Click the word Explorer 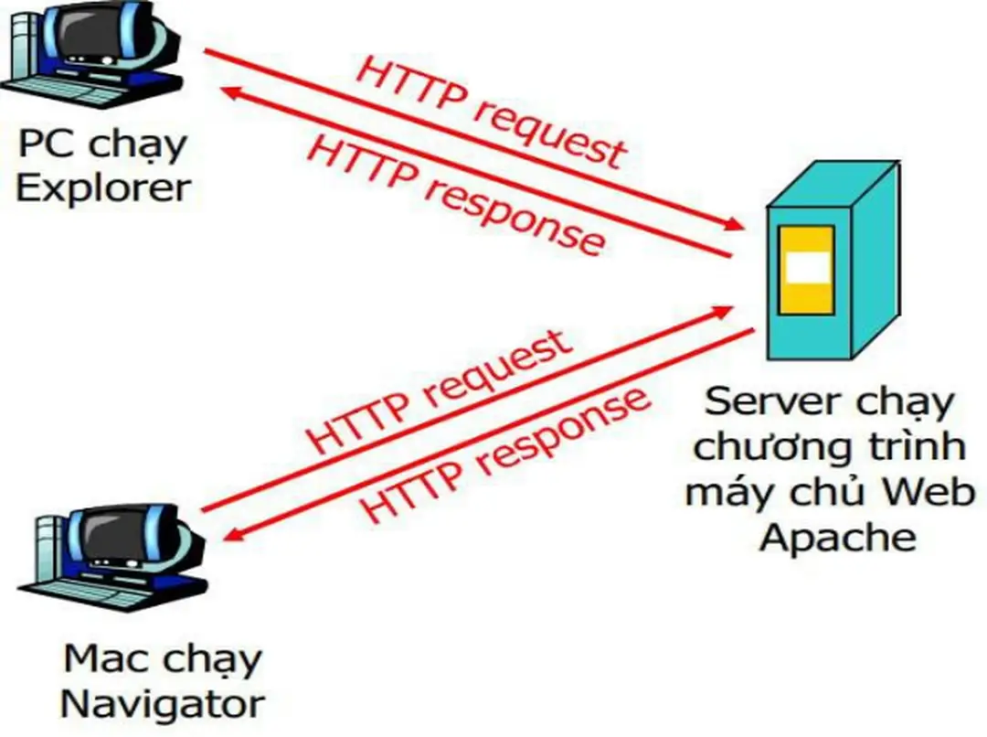(103, 187)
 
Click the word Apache (837, 537)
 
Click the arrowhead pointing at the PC (234, 92)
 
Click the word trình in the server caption (914, 447)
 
